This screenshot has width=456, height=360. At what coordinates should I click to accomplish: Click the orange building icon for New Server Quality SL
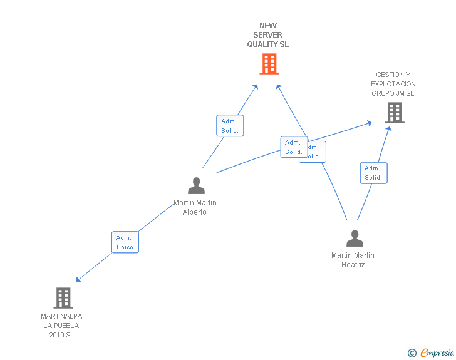pyautogui.click(x=269, y=64)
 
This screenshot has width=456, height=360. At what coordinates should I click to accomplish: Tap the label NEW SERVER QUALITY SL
pyautogui.click(x=268, y=36)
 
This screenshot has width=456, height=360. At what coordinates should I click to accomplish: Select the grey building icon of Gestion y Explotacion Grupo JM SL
pyautogui.click(x=394, y=113)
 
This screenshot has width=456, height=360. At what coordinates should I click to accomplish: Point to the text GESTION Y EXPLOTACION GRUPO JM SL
pyautogui.click(x=393, y=84)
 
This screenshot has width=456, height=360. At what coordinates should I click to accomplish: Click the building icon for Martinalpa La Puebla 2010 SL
pyautogui.click(x=63, y=298)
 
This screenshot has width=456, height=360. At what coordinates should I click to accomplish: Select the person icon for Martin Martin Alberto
pyautogui.click(x=196, y=186)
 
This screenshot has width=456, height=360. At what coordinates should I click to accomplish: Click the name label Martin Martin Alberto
pyautogui.click(x=195, y=207)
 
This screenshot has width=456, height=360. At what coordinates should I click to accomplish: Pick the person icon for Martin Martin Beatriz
pyautogui.click(x=355, y=239)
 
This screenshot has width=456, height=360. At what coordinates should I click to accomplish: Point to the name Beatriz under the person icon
pyautogui.click(x=353, y=265)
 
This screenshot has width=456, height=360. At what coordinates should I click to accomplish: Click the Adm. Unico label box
pyautogui.click(x=125, y=242)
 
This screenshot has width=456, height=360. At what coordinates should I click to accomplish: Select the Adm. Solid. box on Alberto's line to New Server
pyautogui.click(x=230, y=126)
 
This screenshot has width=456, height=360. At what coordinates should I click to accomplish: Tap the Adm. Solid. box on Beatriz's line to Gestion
pyautogui.click(x=373, y=173)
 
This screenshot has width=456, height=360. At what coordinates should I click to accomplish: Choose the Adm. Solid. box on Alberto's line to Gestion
pyautogui.click(x=293, y=147)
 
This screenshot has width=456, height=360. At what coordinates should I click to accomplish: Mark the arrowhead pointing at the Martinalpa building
pyautogui.click(x=78, y=279)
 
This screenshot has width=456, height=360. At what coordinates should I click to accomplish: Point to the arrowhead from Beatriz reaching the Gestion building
pyautogui.click(x=388, y=128)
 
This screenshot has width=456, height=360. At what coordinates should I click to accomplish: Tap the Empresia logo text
pyautogui.click(x=438, y=353)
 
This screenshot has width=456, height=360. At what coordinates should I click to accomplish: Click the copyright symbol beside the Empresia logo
pyautogui.click(x=412, y=353)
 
